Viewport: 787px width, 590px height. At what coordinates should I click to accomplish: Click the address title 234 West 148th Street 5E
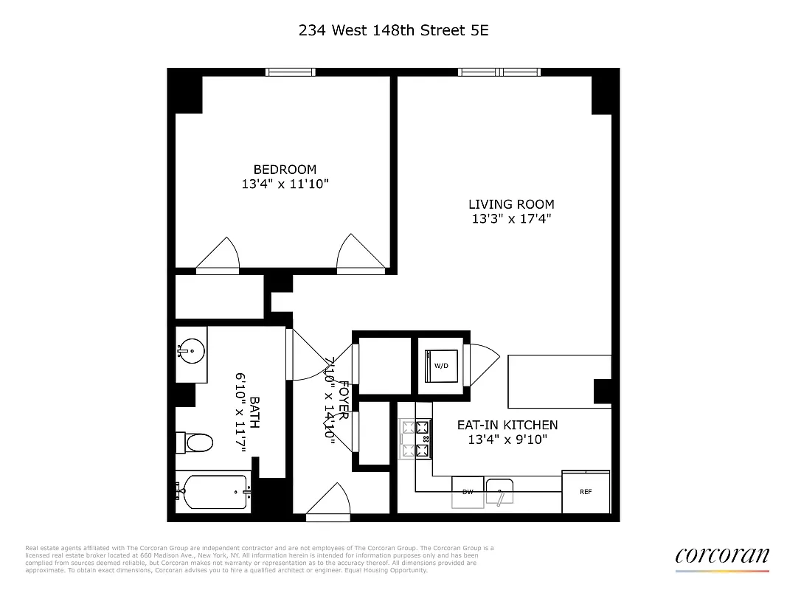pyautogui.click(x=393, y=30)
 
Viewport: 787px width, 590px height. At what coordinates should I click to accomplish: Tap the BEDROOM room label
pyautogui.click(x=285, y=170)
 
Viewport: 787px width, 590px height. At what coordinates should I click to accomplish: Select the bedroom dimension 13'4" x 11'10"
pyautogui.click(x=285, y=184)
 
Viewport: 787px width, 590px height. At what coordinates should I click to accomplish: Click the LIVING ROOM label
pyautogui.click(x=511, y=204)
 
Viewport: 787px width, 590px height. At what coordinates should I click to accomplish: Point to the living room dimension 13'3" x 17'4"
pyautogui.click(x=511, y=219)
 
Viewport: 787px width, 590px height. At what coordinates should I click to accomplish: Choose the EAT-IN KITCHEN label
pyautogui.click(x=507, y=425)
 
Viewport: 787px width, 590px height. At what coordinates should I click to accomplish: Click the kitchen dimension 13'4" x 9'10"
pyautogui.click(x=507, y=440)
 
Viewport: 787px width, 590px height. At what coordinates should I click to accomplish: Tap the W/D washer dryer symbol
pyautogui.click(x=440, y=365)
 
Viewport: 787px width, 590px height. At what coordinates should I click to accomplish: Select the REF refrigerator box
pyautogui.click(x=586, y=492)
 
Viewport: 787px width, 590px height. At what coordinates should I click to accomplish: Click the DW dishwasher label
pyautogui.click(x=468, y=492)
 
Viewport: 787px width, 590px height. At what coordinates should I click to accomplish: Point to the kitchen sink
pyautogui.click(x=500, y=491)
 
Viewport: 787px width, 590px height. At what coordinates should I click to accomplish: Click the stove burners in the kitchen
pyautogui.click(x=415, y=439)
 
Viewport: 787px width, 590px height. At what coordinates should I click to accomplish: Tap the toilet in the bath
pyautogui.click(x=195, y=442)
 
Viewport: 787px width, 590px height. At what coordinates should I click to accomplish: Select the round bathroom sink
pyautogui.click(x=191, y=351)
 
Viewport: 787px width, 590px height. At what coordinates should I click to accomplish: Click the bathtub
pyautogui.click(x=215, y=492)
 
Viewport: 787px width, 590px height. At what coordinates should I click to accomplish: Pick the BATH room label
pyautogui.click(x=254, y=413)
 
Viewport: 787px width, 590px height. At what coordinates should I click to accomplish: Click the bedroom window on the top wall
pyautogui.click(x=291, y=72)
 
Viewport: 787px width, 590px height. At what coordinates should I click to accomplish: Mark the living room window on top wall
pyautogui.click(x=500, y=72)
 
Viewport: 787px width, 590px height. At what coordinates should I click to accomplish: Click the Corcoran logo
pyautogui.click(x=721, y=557)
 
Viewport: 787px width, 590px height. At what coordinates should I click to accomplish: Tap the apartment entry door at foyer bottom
pyautogui.click(x=327, y=509)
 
